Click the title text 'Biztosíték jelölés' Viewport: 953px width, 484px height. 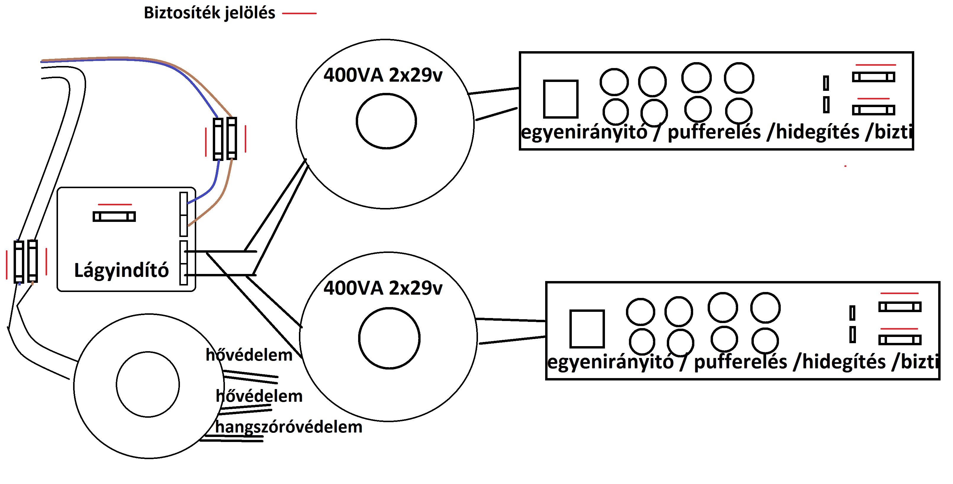point(210,13)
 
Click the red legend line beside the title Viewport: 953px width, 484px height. point(299,13)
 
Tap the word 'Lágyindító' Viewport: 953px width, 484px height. point(121,270)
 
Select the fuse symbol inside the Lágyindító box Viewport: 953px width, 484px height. point(114,217)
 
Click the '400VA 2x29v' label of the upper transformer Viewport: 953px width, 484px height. point(383,75)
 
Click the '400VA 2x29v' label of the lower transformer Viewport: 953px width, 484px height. point(383,288)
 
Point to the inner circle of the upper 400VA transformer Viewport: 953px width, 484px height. point(386,121)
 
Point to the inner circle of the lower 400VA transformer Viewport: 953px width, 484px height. point(389,338)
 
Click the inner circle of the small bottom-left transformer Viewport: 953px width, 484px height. point(148,384)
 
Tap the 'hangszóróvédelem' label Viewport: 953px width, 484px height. point(289,427)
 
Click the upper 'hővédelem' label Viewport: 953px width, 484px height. point(249,355)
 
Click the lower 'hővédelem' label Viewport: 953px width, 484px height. point(259,396)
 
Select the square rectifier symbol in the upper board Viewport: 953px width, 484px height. point(561,99)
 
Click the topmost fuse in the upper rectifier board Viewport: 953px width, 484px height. point(873,77)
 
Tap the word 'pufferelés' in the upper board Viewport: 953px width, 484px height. point(714,132)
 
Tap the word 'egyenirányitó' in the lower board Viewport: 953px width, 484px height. point(610,362)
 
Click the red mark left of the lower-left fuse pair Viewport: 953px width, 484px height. point(7,264)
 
